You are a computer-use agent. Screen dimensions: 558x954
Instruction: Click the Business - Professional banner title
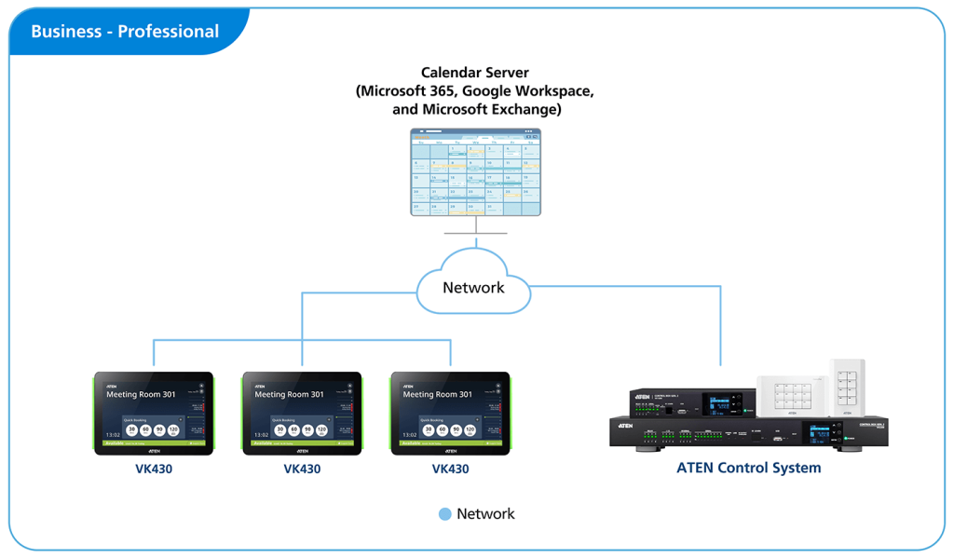click(x=125, y=32)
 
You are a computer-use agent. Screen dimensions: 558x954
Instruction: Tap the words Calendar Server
click(x=476, y=72)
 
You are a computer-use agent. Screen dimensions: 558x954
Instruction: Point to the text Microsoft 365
click(x=407, y=91)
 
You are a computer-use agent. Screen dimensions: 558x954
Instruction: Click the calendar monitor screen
click(x=476, y=172)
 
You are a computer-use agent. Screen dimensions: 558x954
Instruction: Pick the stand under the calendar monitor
click(x=476, y=226)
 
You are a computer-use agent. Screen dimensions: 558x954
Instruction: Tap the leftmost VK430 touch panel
click(x=154, y=413)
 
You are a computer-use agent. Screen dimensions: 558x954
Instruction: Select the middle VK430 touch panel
click(x=302, y=413)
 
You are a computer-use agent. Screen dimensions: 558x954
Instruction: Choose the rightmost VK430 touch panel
click(x=450, y=413)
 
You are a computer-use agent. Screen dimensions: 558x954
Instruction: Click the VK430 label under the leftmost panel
click(x=154, y=469)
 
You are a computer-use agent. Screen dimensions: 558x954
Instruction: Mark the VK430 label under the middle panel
click(x=302, y=469)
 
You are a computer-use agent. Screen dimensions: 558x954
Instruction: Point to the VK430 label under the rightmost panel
click(x=450, y=469)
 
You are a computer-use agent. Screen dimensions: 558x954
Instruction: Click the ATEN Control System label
click(x=748, y=468)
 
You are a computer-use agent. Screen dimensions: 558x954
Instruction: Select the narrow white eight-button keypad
click(x=849, y=385)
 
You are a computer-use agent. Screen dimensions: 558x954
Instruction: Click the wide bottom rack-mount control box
click(x=745, y=434)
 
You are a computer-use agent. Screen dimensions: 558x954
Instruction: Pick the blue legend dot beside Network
click(x=444, y=514)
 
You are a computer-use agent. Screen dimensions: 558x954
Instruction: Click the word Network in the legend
click(x=485, y=514)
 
